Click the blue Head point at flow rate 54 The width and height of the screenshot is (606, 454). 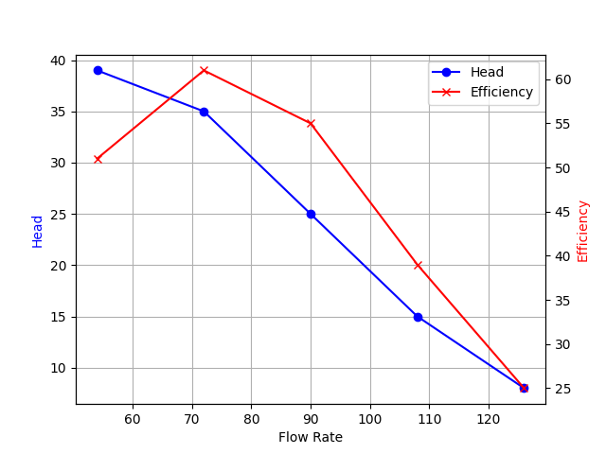pyautogui.click(x=98, y=70)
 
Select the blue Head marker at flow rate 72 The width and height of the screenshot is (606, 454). pyautogui.click(x=204, y=112)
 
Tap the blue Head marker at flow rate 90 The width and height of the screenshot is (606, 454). pyautogui.click(x=311, y=214)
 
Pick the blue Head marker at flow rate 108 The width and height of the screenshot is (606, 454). pyautogui.click(x=418, y=317)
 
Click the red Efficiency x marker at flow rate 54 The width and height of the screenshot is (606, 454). pyautogui.click(x=98, y=159)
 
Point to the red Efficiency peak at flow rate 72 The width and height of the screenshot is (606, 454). pyautogui.click(x=204, y=70)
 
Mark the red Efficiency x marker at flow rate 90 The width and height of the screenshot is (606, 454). pyautogui.click(x=311, y=123)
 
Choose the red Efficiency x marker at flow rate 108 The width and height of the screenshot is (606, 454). pyautogui.click(x=418, y=265)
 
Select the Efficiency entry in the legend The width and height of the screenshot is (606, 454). pyautogui.click(x=502, y=92)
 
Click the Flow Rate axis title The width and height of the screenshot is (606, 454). pyautogui.click(x=311, y=437)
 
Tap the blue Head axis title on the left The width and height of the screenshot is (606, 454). pyautogui.click(x=38, y=231)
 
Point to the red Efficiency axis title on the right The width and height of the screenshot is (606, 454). pyautogui.click(x=583, y=231)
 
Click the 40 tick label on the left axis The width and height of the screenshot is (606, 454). pyautogui.click(x=58, y=61)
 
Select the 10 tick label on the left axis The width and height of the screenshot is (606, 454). pyautogui.click(x=58, y=368)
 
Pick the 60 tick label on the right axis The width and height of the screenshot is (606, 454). pyautogui.click(x=562, y=79)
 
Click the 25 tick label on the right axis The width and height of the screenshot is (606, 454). pyautogui.click(x=562, y=388)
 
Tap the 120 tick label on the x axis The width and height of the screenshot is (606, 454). pyautogui.click(x=489, y=419)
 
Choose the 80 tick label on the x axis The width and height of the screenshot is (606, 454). pyautogui.click(x=251, y=419)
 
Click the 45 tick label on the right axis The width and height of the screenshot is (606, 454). pyautogui.click(x=562, y=212)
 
